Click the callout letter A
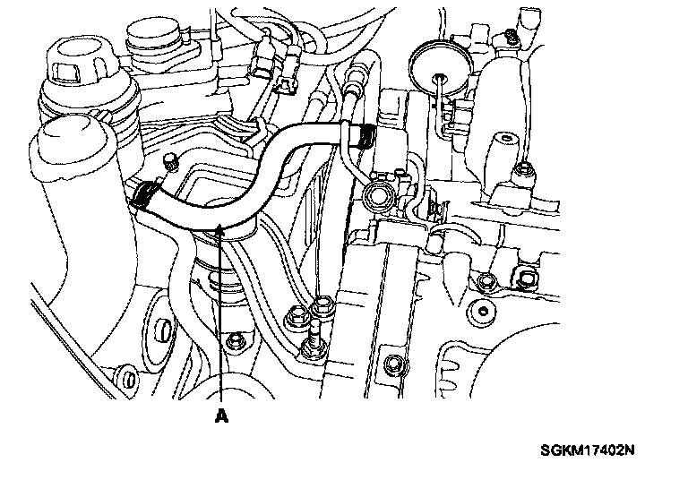[x=221, y=415]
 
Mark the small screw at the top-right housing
[x=509, y=38]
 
